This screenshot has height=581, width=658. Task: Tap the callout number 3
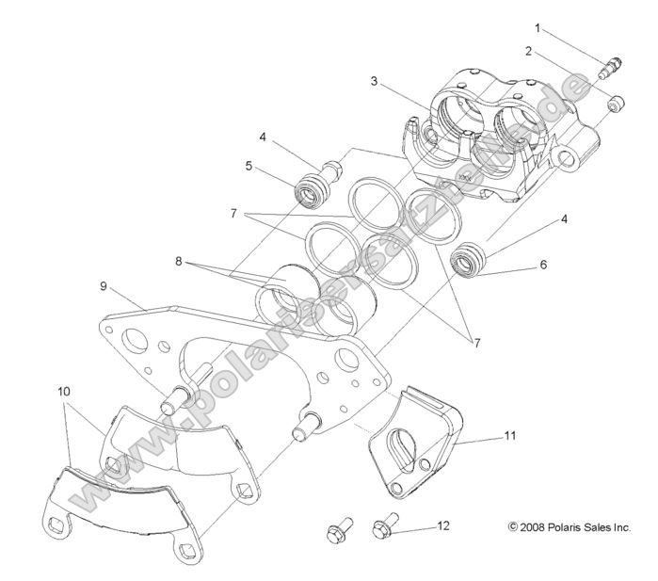(x=374, y=82)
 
